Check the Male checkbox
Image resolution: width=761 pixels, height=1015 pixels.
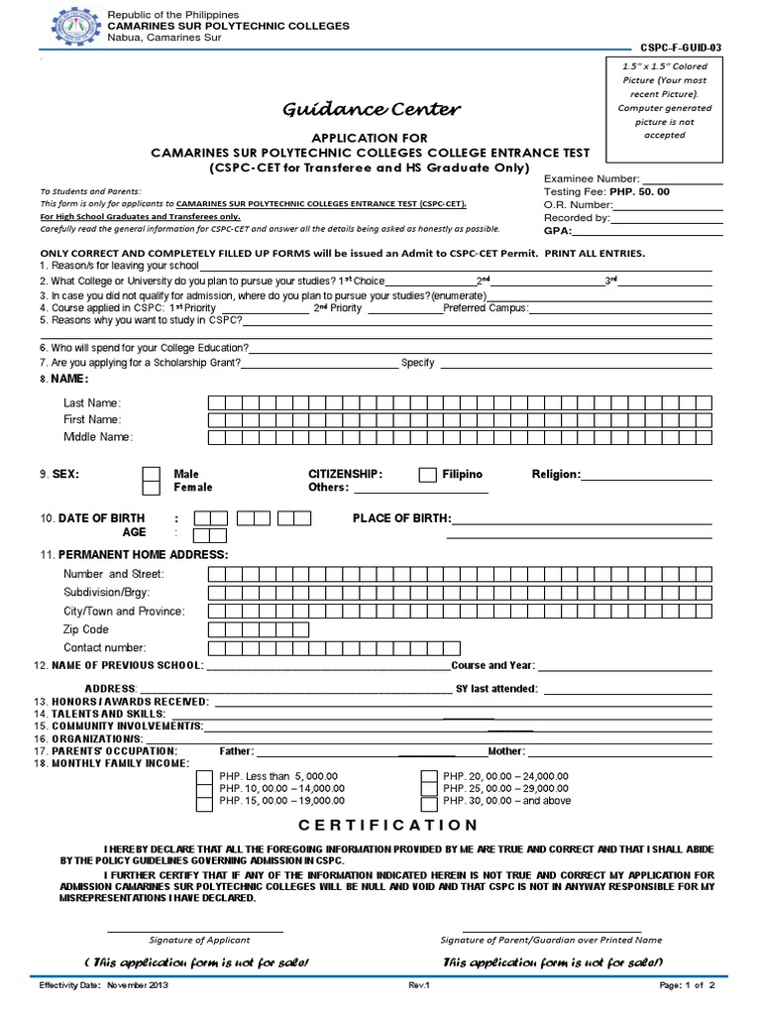pos(151,474)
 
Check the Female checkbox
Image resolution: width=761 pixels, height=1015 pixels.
pos(151,488)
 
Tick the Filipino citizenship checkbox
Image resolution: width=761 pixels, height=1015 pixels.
pos(427,475)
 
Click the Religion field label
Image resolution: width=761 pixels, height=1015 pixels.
pos(556,475)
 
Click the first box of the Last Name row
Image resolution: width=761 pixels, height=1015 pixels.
pos(216,403)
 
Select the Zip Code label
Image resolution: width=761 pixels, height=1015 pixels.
pos(86,629)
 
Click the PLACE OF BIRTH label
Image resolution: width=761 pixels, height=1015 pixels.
pos(401,518)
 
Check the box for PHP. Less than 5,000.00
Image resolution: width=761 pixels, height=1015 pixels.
pos(204,776)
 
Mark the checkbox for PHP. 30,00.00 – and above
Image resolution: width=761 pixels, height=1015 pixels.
pos(428,802)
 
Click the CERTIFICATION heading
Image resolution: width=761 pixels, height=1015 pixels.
pos(388,825)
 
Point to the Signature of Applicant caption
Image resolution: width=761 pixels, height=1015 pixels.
pos(199,940)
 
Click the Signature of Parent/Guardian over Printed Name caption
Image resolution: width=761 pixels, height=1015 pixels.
pos(551,940)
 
